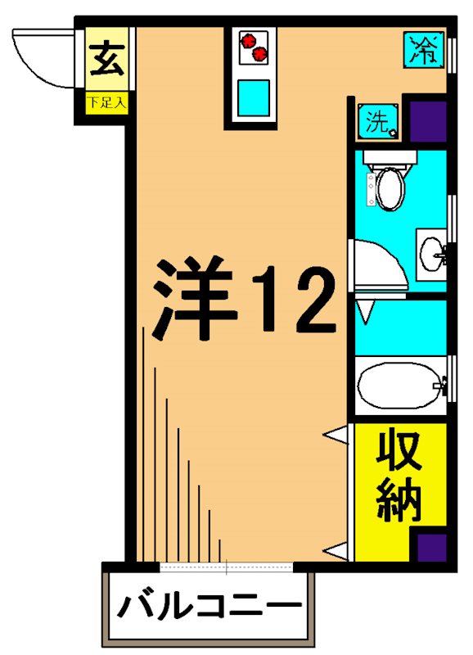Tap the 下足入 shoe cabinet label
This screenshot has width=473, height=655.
[106, 104]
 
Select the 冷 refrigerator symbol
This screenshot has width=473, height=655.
[424, 51]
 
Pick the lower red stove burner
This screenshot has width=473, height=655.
[261, 54]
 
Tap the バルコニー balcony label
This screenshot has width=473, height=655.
[207, 607]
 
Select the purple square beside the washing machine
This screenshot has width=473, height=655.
[426, 122]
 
